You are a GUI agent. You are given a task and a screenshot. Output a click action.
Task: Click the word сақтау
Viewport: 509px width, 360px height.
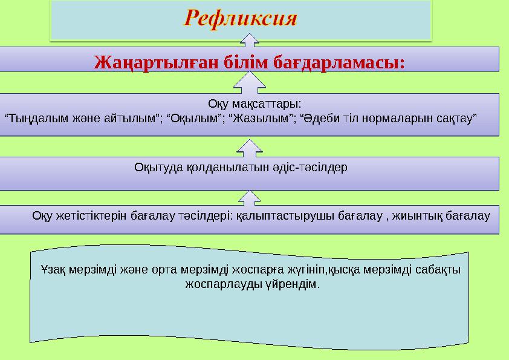pos(458,116)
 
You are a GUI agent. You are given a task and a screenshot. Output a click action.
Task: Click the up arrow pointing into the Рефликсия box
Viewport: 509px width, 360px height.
pos(250,41)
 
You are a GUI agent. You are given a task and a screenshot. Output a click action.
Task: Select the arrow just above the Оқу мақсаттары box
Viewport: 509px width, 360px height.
pos(250,82)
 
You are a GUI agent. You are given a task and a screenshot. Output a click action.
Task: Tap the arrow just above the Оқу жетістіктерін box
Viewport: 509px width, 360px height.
pos(250,197)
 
